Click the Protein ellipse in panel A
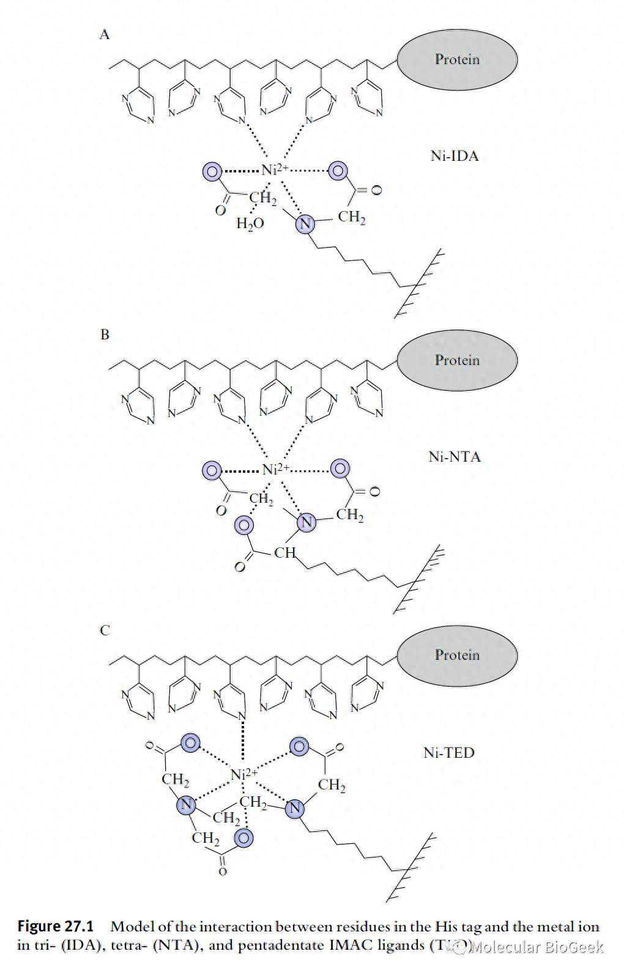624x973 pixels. [x=457, y=60]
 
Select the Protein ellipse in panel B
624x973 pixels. [x=457, y=360]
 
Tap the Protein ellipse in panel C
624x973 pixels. [x=457, y=655]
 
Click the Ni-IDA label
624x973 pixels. [x=454, y=156]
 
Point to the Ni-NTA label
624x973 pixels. [x=454, y=457]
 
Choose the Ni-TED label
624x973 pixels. [x=448, y=752]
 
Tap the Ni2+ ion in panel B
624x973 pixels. [x=274, y=470]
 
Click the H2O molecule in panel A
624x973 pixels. [x=250, y=223]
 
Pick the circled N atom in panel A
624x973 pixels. [x=304, y=224]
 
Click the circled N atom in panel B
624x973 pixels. [x=306, y=523]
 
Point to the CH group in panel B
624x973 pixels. [x=284, y=553]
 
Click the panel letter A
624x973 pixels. [x=105, y=35]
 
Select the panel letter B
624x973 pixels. [x=105, y=335]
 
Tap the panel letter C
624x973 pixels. [x=105, y=630]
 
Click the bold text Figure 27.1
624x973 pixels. [x=55, y=927]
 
